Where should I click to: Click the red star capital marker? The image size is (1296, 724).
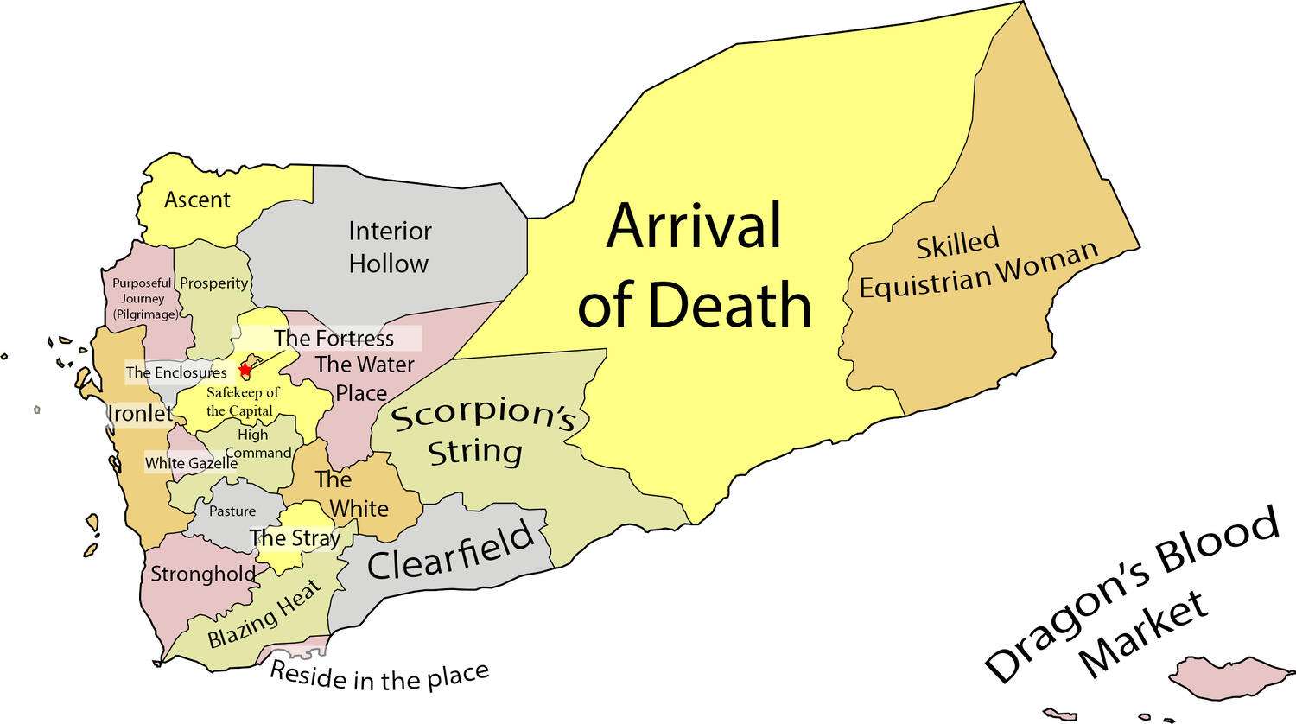(245, 370)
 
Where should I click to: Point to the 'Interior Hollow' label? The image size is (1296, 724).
(389, 247)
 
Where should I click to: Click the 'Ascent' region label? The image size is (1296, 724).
(197, 200)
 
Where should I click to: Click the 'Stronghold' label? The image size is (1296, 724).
(203, 574)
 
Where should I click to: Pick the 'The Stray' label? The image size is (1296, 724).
(295, 538)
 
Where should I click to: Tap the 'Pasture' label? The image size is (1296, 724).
(232, 511)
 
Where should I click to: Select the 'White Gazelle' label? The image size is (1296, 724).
(191, 463)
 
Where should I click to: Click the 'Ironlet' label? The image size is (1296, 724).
(140, 414)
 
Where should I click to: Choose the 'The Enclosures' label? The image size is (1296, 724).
(176, 373)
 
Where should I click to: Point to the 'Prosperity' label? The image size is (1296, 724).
(213, 283)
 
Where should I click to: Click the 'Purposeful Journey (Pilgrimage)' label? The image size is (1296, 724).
(143, 299)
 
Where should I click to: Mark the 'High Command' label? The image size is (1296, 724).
(257, 444)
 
